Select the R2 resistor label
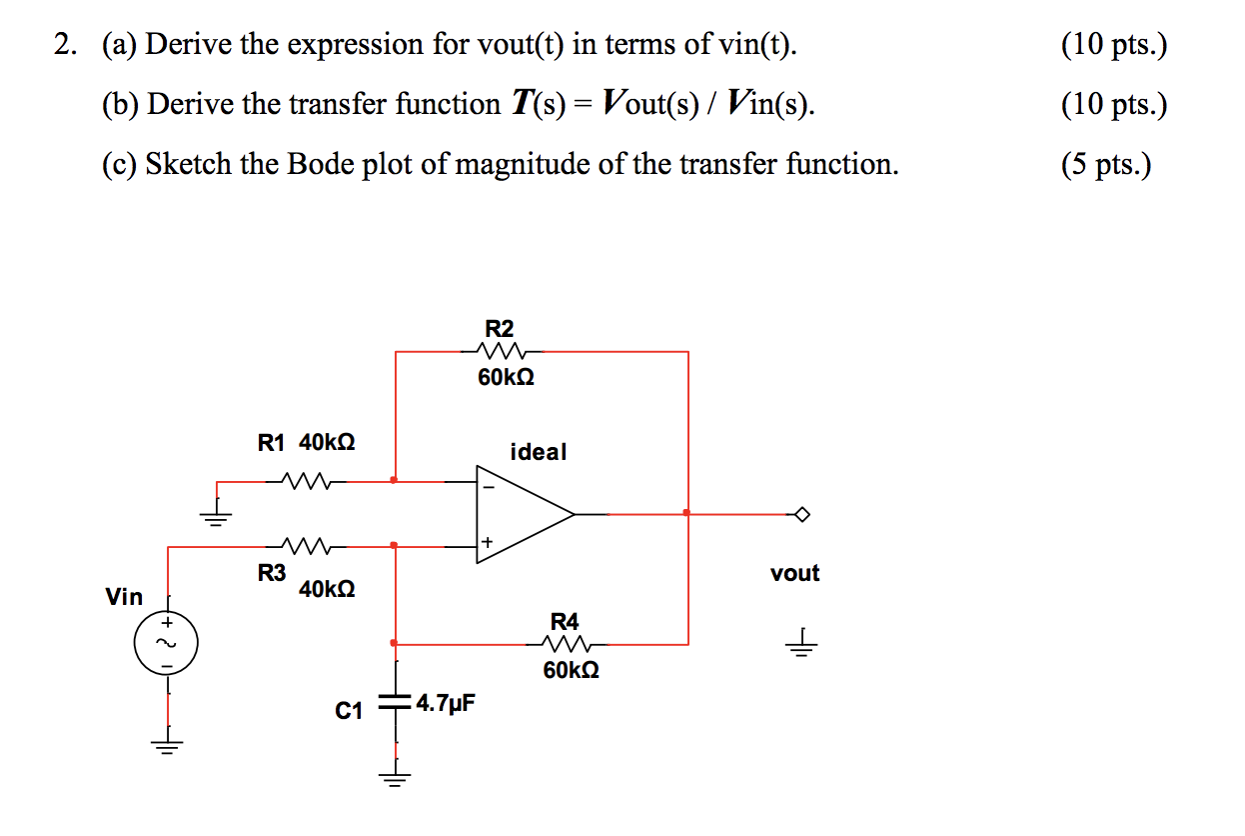coord(499,328)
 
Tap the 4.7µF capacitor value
coord(446,703)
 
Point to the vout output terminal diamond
coord(801,514)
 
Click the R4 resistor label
coord(565,621)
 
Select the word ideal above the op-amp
coord(539,452)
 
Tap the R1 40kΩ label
coord(306,442)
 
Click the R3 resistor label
coord(272,573)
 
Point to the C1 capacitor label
coord(349,711)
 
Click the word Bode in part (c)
coord(321,164)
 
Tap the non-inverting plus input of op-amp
coord(488,542)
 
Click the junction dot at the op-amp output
coord(686,513)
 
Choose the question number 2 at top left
coord(65,45)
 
